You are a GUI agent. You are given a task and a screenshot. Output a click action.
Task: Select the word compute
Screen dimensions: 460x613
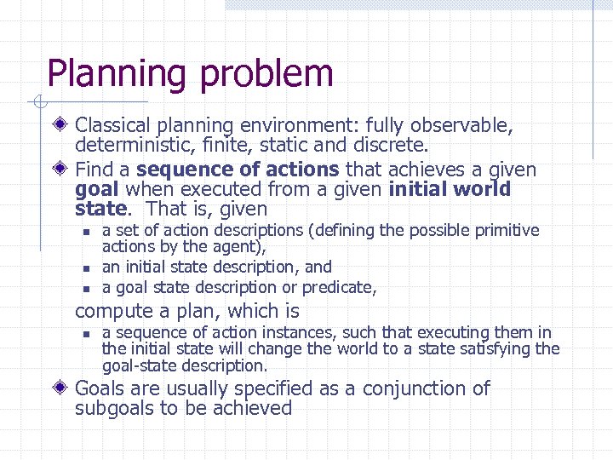111,312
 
